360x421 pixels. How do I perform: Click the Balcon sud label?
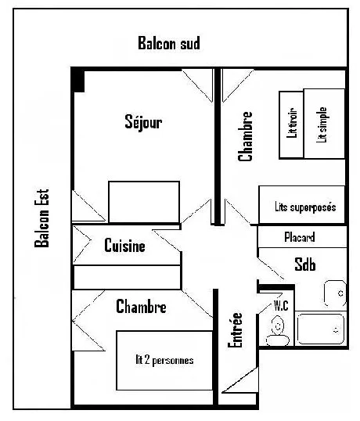pyautogui.click(x=169, y=43)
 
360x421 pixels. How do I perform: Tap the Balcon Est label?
pyautogui.click(x=42, y=218)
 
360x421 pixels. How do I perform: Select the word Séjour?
pyautogui.click(x=143, y=122)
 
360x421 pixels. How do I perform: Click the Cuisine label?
pyautogui.click(x=124, y=246)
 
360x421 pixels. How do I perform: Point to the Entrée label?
pyautogui.click(x=235, y=330)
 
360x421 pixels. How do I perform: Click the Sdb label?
pyautogui.click(x=305, y=264)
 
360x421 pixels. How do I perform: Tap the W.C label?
pyautogui.click(x=281, y=305)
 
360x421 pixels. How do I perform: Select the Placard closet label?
pyautogui.click(x=300, y=237)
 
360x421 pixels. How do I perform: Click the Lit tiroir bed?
pyautogui.click(x=292, y=125)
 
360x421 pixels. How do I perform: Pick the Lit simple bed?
pyautogui.click(x=324, y=124)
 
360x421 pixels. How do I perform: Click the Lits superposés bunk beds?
pyautogui.click(x=302, y=204)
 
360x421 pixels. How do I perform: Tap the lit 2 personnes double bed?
pyautogui.click(x=164, y=360)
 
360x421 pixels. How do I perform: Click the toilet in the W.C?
pyautogui.click(x=278, y=332)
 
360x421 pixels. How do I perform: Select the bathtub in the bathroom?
pyautogui.click(x=320, y=329)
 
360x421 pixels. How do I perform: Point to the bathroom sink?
pyautogui.click(x=335, y=293)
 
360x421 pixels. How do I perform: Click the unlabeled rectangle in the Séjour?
pyautogui.click(x=144, y=202)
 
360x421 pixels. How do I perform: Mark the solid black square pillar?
pyautogui.click(x=77, y=81)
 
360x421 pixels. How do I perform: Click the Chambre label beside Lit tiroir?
pyautogui.click(x=245, y=136)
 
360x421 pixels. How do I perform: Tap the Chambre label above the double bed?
pyautogui.click(x=141, y=306)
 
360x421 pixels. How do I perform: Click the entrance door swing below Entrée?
pyautogui.click(x=239, y=380)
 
